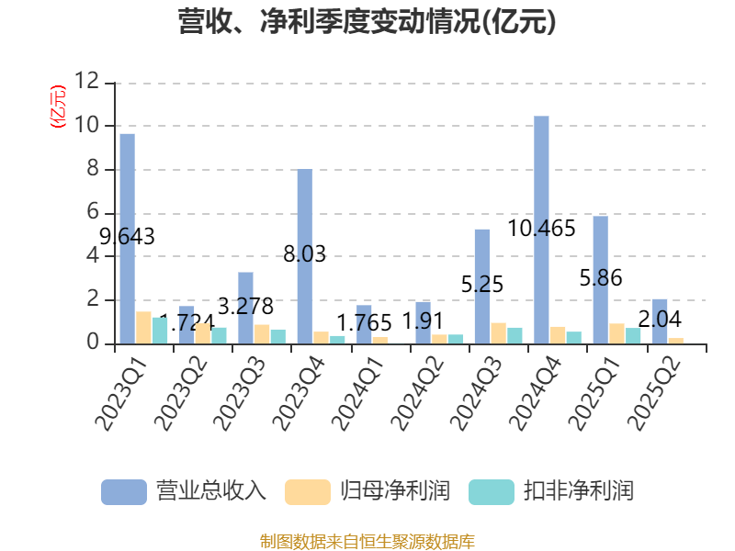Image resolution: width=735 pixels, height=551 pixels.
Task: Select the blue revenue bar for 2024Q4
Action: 541,230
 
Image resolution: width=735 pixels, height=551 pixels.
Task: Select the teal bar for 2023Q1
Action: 160,331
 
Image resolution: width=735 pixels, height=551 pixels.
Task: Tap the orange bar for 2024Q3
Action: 498,333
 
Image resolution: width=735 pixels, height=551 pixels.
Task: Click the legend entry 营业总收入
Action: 184,490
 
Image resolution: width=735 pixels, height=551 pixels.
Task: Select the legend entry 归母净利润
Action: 367,490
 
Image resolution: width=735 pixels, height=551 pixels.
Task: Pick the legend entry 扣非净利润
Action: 551,490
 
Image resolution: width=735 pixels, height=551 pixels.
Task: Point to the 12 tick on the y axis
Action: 87,82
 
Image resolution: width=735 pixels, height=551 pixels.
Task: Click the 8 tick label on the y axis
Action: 93,169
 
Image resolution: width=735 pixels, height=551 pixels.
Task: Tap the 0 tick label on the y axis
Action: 93,343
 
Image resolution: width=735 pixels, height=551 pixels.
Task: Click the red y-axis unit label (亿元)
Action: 58,107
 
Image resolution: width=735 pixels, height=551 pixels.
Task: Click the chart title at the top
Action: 367,22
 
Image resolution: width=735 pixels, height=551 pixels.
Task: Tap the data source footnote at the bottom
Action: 367,541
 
